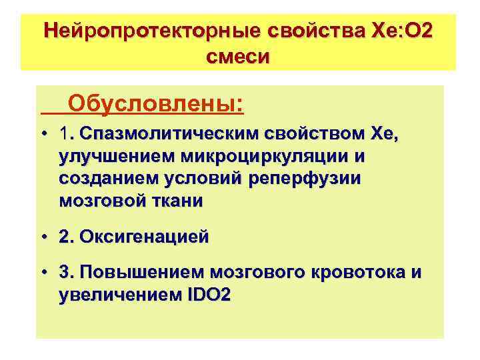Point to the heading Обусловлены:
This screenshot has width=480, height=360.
point(155,105)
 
